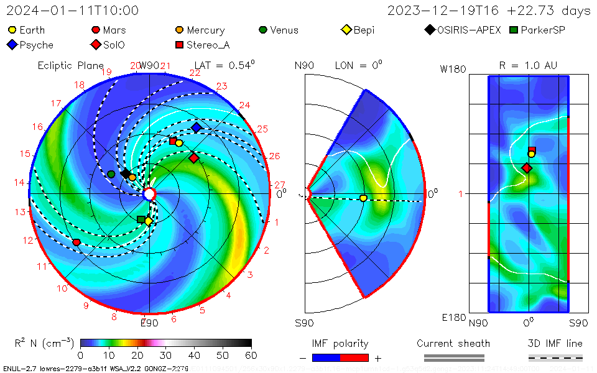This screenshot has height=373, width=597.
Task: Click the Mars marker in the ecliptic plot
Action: coord(77,242)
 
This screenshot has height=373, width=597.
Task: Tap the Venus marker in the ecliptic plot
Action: coord(111,174)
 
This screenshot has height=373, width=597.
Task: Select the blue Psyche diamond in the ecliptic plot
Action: coord(197,127)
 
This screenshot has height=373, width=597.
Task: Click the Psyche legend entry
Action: coord(30,45)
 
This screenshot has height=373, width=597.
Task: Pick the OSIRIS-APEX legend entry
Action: coord(463,30)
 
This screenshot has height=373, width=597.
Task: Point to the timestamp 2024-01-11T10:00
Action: coord(72,11)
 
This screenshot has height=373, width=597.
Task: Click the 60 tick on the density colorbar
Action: coord(251,355)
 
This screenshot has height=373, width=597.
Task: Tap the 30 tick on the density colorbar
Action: coord(165,355)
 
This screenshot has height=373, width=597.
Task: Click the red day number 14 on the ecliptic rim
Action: coord(19,183)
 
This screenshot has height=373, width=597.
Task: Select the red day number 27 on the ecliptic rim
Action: coord(279,185)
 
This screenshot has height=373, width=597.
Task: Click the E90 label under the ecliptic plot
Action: coord(149,322)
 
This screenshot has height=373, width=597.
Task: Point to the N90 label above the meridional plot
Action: coord(304,65)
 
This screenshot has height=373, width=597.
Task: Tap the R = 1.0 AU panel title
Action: coord(528,65)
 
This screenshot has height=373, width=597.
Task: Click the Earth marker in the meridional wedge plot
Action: coord(363,198)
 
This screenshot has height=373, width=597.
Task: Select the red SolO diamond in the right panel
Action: coord(527,168)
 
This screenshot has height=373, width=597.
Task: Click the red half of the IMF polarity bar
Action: coord(354,357)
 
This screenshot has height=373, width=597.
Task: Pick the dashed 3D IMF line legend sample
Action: coord(555,357)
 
